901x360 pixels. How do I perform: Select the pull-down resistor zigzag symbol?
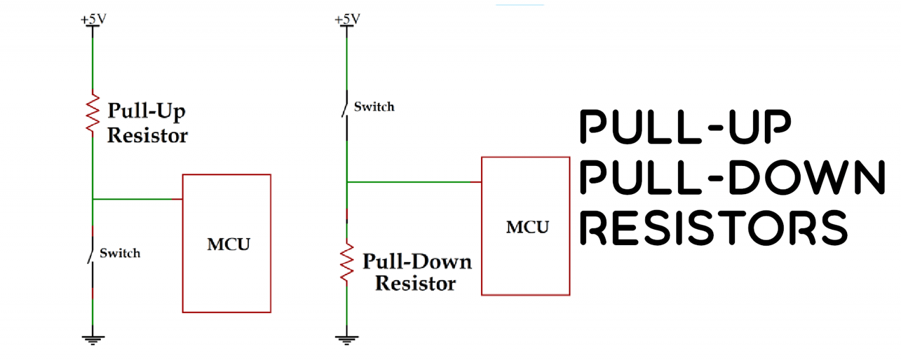347,262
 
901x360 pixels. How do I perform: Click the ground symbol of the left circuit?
93,339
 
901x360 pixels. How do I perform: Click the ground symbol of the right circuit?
347,339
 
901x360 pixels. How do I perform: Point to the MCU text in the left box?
228,244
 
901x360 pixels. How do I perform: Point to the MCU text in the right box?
527,227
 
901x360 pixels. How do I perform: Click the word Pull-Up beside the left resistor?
146,111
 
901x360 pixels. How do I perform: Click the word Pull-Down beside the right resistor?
417,261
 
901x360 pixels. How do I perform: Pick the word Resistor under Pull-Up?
147,135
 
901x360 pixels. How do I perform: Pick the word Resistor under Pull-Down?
415,284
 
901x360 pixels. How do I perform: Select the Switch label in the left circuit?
120,253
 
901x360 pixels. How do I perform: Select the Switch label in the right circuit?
374,107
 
